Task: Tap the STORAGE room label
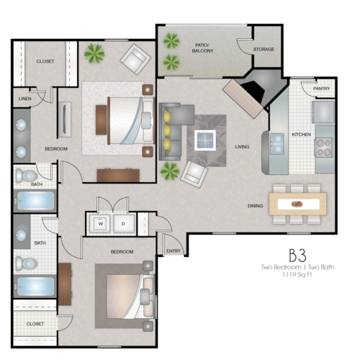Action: [x=263, y=50]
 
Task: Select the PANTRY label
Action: [x=321, y=89]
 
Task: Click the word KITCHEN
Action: [x=300, y=135]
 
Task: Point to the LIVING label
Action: [x=242, y=147]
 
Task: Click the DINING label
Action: [x=256, y=206]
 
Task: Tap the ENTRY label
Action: [x=173, y=251]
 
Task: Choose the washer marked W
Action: [x=101, y=223]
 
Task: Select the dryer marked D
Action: [x=122, y=223]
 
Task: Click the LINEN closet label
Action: [x=25, y=98]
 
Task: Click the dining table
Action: [x=296, y=203]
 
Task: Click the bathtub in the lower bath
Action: [x=35, y=286]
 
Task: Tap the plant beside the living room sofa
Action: [x=170, y=171]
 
